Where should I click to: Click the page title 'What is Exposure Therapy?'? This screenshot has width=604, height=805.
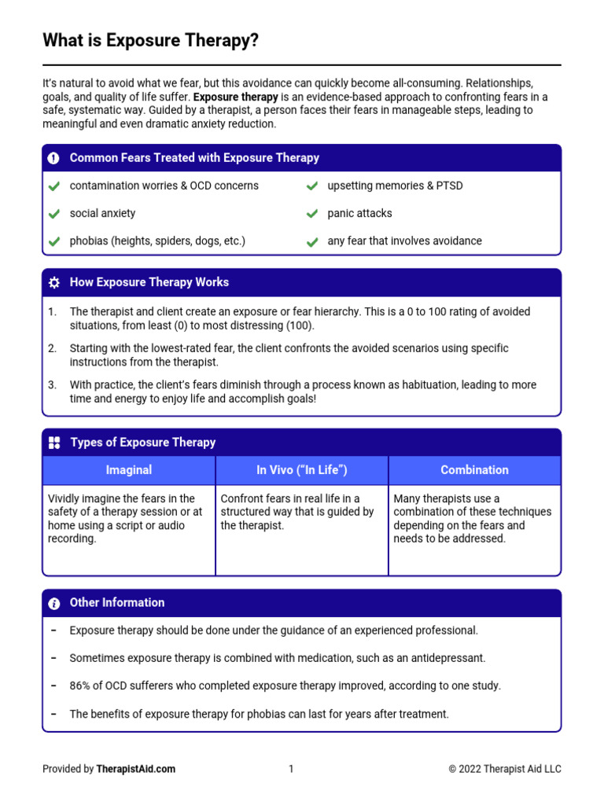[150, 40]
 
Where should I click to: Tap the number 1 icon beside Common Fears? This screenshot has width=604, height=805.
[53, 158]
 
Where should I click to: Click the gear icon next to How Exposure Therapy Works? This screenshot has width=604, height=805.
[53, 282]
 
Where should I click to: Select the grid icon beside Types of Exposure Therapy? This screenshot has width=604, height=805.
[54, 443]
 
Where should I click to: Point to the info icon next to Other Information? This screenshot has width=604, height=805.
[53, 603]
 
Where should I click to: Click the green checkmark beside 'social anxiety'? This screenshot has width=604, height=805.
[53, 214]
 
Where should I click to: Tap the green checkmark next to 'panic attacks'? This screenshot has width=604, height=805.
[312, 214]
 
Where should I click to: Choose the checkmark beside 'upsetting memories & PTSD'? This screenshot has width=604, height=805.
[312, 186]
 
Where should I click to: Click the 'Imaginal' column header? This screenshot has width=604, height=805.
[129, 470]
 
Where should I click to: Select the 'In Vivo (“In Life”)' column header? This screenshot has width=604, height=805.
[302, 470]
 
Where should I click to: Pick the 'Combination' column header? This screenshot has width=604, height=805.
[474, 470]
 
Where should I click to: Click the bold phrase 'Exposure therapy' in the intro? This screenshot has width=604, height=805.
[235, 97]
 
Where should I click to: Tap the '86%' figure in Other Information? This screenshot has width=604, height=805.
[80, 686]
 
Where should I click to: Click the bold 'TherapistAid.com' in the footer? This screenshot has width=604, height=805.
[136, 769]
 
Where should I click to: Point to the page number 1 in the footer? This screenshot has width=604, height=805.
[291, 769]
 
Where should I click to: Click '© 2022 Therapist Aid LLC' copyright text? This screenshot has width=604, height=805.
[505, 769]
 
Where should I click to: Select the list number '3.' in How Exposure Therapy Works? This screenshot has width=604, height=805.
[52, 385]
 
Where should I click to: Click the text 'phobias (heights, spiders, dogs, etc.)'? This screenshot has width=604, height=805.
[157, 241]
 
